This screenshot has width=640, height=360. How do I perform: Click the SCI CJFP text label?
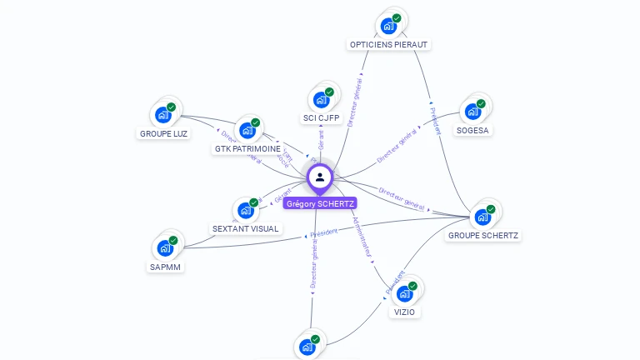click(321, 118)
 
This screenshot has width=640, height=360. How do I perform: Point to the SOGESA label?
click(473, 130)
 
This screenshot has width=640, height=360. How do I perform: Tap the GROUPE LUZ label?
click(163, 133)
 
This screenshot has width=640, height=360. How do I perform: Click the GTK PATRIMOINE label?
click(247, 149)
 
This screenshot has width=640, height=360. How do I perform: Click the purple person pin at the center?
click(320, 177)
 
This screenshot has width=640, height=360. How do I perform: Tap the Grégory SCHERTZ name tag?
click(320, 203)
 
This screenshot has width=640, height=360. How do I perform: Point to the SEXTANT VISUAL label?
click(246, 228)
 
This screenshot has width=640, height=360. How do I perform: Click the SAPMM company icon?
click(165, 248)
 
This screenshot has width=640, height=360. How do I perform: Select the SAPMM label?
click(166, 267)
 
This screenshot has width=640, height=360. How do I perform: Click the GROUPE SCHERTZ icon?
click(482, 217)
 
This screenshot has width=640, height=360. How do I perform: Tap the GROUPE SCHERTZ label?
click(483, 235)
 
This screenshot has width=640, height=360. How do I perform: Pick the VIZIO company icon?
click(404, 293)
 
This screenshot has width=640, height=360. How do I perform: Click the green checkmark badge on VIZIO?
click(412, 286)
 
